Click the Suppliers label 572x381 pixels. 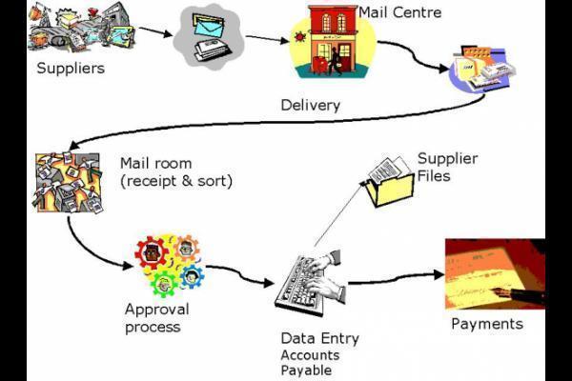pyautogui.click(x=71, y=69)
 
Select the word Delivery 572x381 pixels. pyautogui.click(x=310, y=105)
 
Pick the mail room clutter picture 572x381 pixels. pyautogui.click(x=68, y=182)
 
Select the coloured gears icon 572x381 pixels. pyautogui.click(x=170, y=265)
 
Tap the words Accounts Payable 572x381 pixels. pyautogui.click(x=310, y=363)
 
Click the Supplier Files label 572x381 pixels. pyautogui.click(x=447, y=167)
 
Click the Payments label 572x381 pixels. pyautogui.click(x=487, y=324)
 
